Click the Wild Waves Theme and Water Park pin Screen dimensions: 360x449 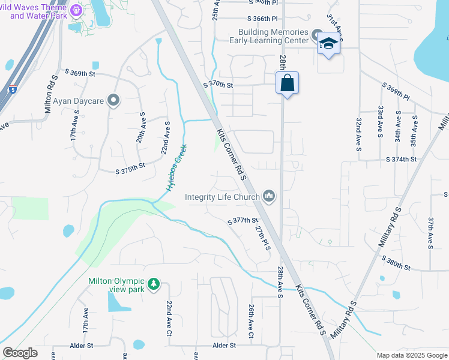tap(76, 10)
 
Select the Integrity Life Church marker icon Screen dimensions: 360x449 tap(270, 196)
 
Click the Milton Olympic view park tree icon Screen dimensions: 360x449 tap(154, 283)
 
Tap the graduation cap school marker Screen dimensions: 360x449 tap(328, 44)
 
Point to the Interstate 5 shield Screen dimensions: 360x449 tap(13, 90)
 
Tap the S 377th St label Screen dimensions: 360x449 tap(243, 221)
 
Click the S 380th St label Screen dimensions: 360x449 tap(396, 263)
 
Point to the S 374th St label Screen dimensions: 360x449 tap(402, 159)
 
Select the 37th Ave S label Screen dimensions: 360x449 tap(430, 233)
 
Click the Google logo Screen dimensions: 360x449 tap(20, 353)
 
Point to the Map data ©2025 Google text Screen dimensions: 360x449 tap(411, 355)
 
